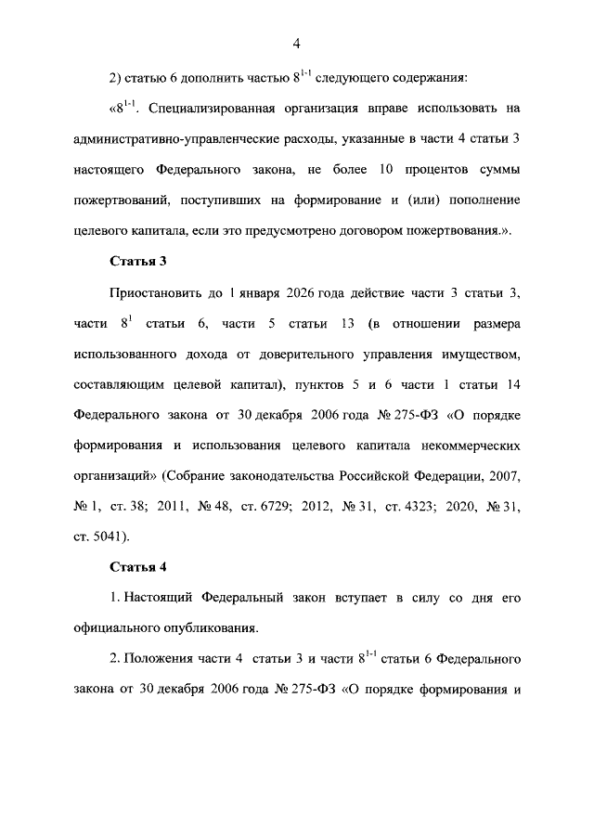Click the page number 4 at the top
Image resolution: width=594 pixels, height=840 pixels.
[x=296, y=43]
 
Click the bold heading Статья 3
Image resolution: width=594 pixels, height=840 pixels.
[x=138, y=261]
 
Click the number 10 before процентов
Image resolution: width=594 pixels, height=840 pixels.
[x=386, y=170]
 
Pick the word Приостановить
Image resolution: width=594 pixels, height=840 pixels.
[x=156, y=292]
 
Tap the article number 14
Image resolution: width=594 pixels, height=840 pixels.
[x=510, y=383]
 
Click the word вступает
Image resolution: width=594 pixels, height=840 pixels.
[x=362, y=596]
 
